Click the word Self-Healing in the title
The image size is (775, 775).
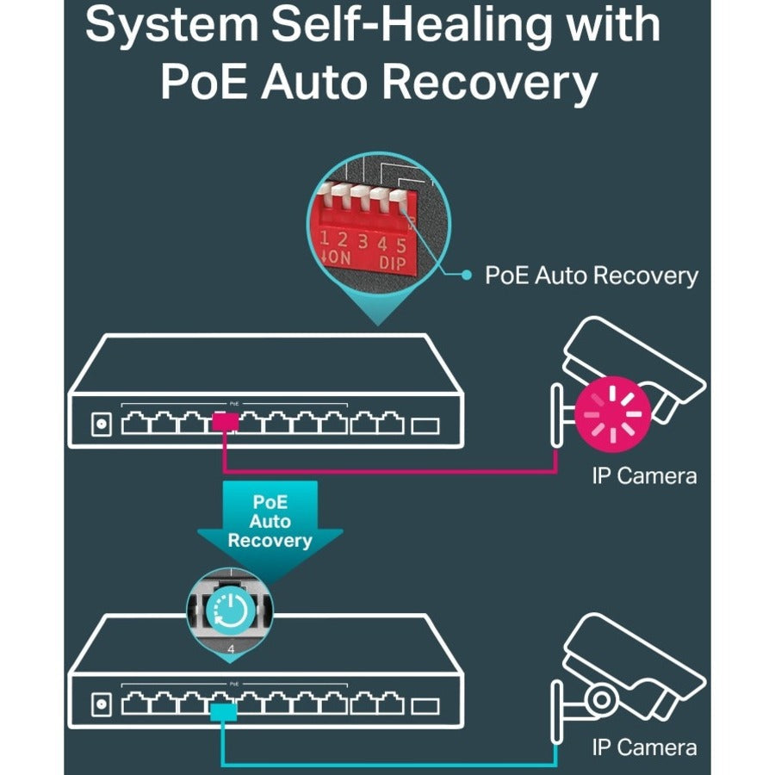tap(401, 26)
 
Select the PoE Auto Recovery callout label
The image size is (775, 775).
tap(592, 276)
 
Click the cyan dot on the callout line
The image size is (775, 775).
tap(467, 276)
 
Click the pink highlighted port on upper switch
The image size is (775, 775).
tap(225, 423)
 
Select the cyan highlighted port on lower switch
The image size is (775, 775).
tap(224, 710)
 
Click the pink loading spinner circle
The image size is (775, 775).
tap(612, 412)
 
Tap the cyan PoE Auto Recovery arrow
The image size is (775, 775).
tap(270, 523)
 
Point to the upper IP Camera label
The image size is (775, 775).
tap(644, 474)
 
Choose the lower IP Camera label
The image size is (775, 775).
tap(644, 747)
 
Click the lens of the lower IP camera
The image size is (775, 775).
tap(599, 695)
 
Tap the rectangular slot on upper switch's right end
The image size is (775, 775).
tap(425, 425)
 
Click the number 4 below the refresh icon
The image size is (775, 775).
tap(230, 646)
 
